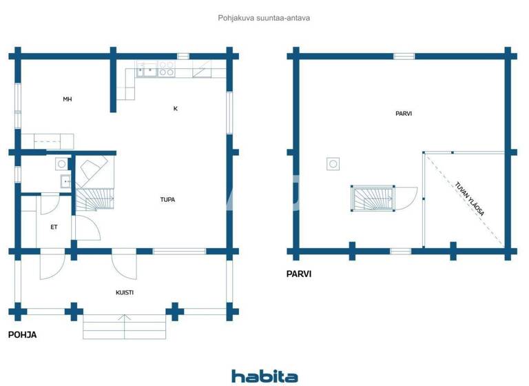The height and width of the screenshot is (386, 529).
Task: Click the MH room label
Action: click(68, 100)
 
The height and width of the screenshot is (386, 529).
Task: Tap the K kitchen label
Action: click(176, 109)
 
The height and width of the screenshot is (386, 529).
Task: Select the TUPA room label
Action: click(167, 200)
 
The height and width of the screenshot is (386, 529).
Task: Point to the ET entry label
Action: click(54, 227)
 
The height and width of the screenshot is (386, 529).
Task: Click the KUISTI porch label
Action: click(125, 292)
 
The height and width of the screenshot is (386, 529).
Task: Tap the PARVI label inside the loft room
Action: click(404, 114)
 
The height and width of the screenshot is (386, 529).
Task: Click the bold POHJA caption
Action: click(22, 335)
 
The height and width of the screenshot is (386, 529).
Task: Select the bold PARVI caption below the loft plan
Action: click(299, 274)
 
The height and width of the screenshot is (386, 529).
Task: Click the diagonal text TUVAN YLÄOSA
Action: click(470, 199)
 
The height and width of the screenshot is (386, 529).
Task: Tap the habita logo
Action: click(264, 376)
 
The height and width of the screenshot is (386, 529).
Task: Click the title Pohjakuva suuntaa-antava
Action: click(264, 18)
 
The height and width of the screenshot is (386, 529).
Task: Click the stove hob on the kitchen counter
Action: click(166, 69)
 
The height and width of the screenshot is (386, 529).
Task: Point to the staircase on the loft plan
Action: click(374, 199)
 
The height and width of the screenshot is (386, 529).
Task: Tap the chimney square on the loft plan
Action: click(333, 164)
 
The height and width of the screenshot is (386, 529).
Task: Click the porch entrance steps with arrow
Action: click(125, 326)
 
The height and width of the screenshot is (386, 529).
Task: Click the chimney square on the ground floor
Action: click(61, 164)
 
